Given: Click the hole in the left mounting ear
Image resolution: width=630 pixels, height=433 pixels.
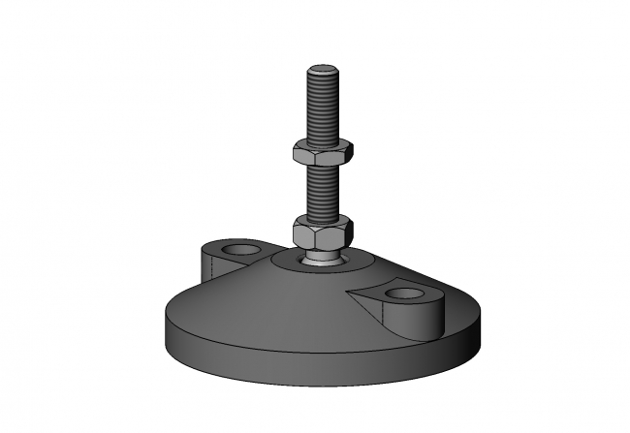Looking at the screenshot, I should coord(236,252).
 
